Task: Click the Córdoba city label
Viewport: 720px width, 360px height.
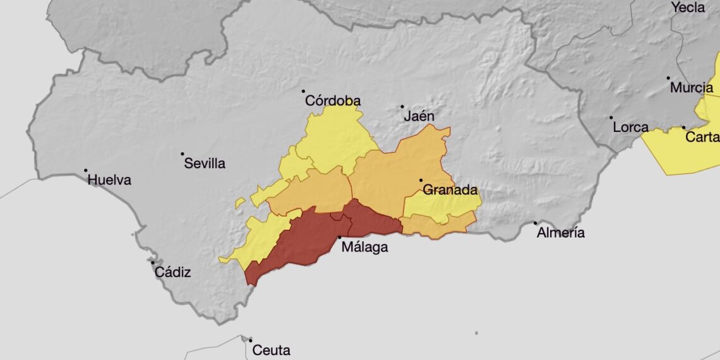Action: [333, 101]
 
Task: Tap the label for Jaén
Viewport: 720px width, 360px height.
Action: [419, 116]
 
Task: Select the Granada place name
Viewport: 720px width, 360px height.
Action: [450, 190]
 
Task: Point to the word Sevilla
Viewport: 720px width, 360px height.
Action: [205, 164]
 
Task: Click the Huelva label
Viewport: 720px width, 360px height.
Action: [109, 180]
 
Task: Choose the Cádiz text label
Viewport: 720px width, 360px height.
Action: [172, 273]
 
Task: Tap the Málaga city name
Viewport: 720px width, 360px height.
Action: [364, 248]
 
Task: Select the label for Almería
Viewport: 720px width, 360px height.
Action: [560, 233]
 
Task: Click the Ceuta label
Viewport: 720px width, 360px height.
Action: [271, 350]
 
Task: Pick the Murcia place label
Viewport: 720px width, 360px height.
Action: [692, 88]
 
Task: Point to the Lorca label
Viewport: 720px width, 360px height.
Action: [630, 128]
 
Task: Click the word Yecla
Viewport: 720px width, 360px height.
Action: [688, 8]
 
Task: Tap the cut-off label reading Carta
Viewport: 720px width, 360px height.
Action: [702, 138]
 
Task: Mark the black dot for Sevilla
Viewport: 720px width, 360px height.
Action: [183, 153]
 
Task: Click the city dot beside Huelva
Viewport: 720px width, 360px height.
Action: [86, 170]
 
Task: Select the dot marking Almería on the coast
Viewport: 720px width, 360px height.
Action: [535, 222]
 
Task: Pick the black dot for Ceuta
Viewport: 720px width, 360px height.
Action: [250, 340]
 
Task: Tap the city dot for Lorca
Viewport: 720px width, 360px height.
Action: [611, 117]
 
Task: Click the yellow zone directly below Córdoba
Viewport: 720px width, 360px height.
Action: [335, 139]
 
